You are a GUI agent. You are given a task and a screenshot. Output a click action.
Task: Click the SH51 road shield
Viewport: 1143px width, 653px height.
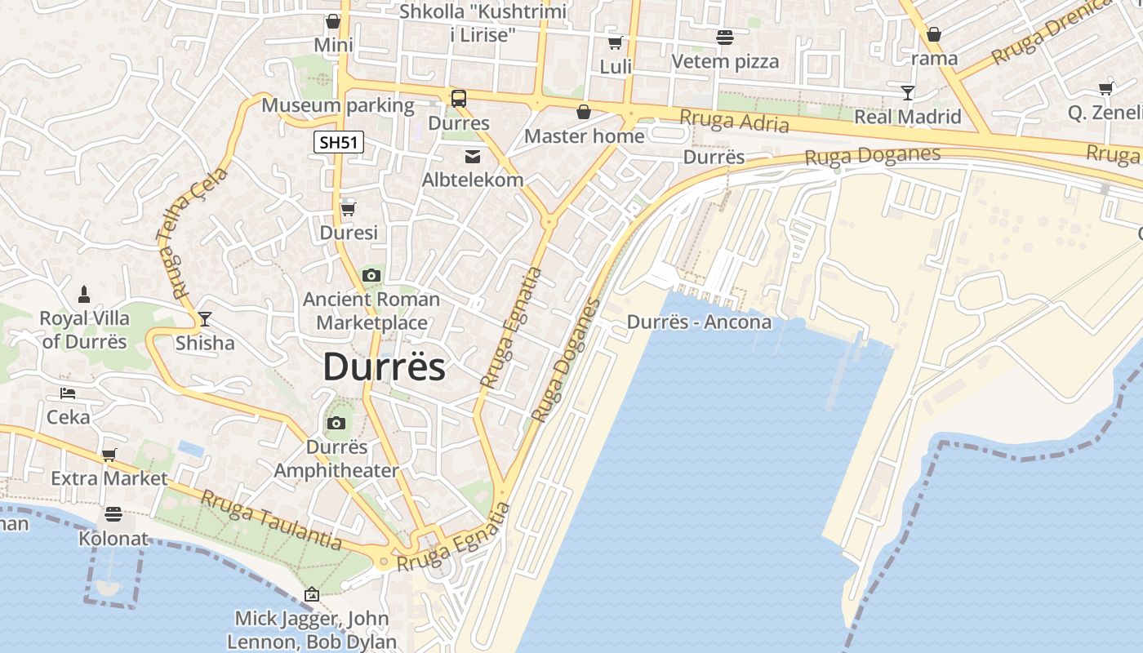[x=339, y=142]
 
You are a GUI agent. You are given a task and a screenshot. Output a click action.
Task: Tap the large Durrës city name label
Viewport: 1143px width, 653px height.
[x=385, y=367]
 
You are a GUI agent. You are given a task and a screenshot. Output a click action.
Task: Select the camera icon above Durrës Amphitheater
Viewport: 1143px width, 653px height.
[x=336, y=423]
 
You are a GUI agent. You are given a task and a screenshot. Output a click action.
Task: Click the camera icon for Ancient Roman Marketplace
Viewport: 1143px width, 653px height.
[x=371, y=276]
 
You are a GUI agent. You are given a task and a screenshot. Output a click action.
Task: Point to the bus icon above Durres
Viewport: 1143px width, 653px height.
[x=459, y=99]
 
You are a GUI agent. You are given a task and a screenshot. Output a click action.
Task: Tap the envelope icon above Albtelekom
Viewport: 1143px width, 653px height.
[x=473, y=156]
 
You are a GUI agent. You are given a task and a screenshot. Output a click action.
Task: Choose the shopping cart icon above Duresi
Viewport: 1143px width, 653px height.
[x=348, y=209]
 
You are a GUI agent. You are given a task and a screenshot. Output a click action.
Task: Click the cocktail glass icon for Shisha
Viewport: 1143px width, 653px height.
[x=204, y=318]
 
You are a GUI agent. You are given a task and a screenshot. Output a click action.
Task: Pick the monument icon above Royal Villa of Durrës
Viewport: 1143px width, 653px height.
[x=83, y=294]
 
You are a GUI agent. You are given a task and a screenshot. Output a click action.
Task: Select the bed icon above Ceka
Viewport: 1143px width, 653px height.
[x=68, y=393]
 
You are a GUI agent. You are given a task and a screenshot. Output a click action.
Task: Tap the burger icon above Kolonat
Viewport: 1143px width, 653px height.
[x=113, y=514]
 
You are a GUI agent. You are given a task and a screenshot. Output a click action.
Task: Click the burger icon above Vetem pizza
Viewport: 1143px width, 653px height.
[x=724, y=37]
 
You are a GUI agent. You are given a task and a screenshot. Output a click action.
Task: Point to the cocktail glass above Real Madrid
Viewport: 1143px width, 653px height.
[x=907, y=92]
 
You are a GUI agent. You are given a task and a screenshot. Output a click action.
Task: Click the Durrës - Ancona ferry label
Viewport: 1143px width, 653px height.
[x=699, y=322]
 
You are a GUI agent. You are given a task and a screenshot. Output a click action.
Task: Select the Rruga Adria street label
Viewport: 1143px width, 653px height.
[x=735, y=122]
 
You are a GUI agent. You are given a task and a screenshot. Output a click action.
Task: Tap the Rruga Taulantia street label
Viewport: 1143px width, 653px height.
[x=270, y=519]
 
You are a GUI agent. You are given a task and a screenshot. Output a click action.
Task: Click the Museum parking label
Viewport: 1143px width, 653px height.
[x=338, y=105]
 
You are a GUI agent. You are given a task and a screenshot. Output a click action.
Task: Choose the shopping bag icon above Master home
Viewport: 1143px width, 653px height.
[x=583, y=112]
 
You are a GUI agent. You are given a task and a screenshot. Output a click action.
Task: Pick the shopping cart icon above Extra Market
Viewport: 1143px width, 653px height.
[x=109, y=455]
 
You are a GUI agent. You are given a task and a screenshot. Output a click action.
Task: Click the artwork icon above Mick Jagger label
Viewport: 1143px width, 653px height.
[x=311, y=594]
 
